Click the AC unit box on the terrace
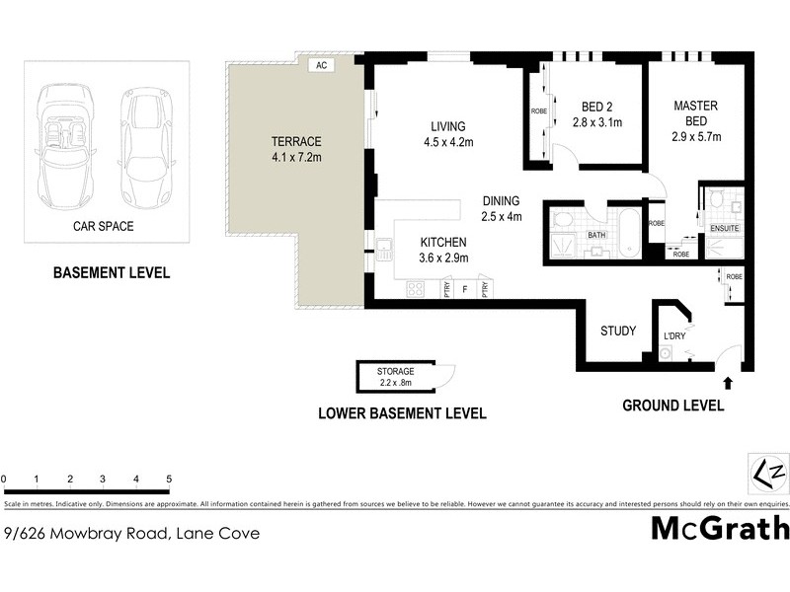[321, 65]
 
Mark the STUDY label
[618, 331]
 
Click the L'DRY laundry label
[674, 336]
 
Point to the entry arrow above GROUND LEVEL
[729, 380]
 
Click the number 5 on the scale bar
[170, 480]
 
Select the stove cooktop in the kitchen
[416, 289]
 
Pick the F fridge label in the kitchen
[464, 290]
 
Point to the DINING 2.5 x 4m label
[501, 206]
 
